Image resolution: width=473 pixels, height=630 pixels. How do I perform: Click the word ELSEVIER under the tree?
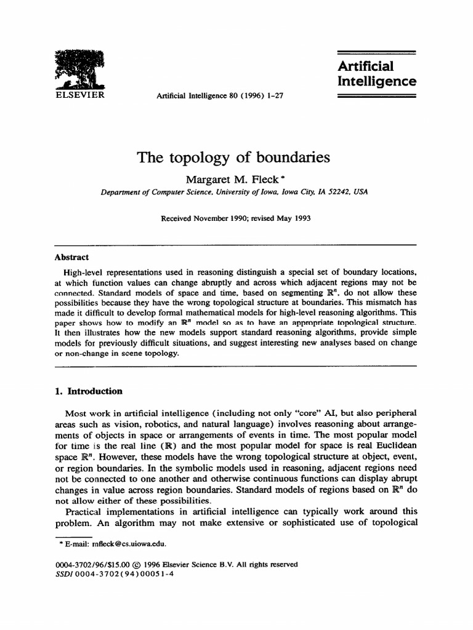[x=79, y=95]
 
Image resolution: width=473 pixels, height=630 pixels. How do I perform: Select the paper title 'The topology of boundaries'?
[x=233, y=157]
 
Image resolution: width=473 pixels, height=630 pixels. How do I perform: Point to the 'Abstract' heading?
[x=71, y=257]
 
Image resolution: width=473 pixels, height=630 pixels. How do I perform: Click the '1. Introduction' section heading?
[x=89, y=391]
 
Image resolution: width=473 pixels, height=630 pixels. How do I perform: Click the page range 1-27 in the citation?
[x=273, y=96]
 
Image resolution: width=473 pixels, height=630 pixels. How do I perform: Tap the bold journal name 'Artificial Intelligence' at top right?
[x=377, y=73]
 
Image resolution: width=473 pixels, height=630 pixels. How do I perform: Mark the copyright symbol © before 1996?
[x=145, y=564]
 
